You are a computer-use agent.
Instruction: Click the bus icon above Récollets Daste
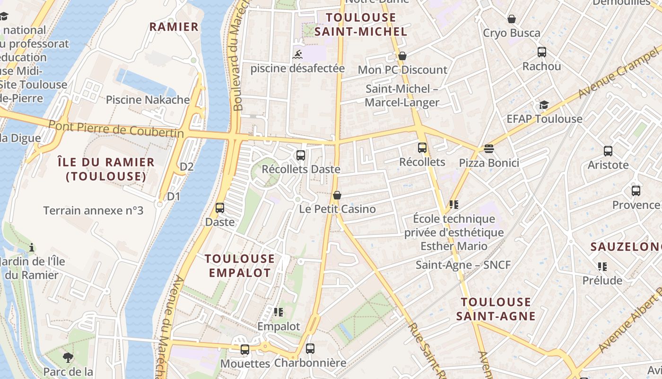pos(300,155)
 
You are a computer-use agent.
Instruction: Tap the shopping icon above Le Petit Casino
pos(337,195)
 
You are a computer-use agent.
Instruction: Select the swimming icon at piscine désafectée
pos(298,54)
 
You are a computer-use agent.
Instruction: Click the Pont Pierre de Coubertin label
pos(116,129)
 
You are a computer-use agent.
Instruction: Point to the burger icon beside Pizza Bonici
pos(489,149)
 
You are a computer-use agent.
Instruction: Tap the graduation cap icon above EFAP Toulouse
pos(544,105)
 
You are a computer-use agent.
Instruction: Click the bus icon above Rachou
pos(542,52)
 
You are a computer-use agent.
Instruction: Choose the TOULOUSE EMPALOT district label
pos(240,265)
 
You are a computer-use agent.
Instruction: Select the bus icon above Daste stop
pos(220,208)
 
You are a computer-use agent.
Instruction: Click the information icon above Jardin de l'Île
pos(32,247)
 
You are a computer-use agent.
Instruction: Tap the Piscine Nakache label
pos(148,100)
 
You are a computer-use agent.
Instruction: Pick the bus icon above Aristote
pos(608,151)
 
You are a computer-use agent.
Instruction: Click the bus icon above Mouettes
pos(244,350)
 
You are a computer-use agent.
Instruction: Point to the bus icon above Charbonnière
pos(310,349)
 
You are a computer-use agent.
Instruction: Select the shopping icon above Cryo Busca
pos(511,19)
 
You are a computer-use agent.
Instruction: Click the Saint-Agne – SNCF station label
pos(463,265)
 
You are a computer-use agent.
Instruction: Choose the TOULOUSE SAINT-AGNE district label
pos(496,309)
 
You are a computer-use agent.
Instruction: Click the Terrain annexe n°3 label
pos(93,210)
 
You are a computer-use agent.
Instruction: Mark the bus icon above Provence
pos(636,191)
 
